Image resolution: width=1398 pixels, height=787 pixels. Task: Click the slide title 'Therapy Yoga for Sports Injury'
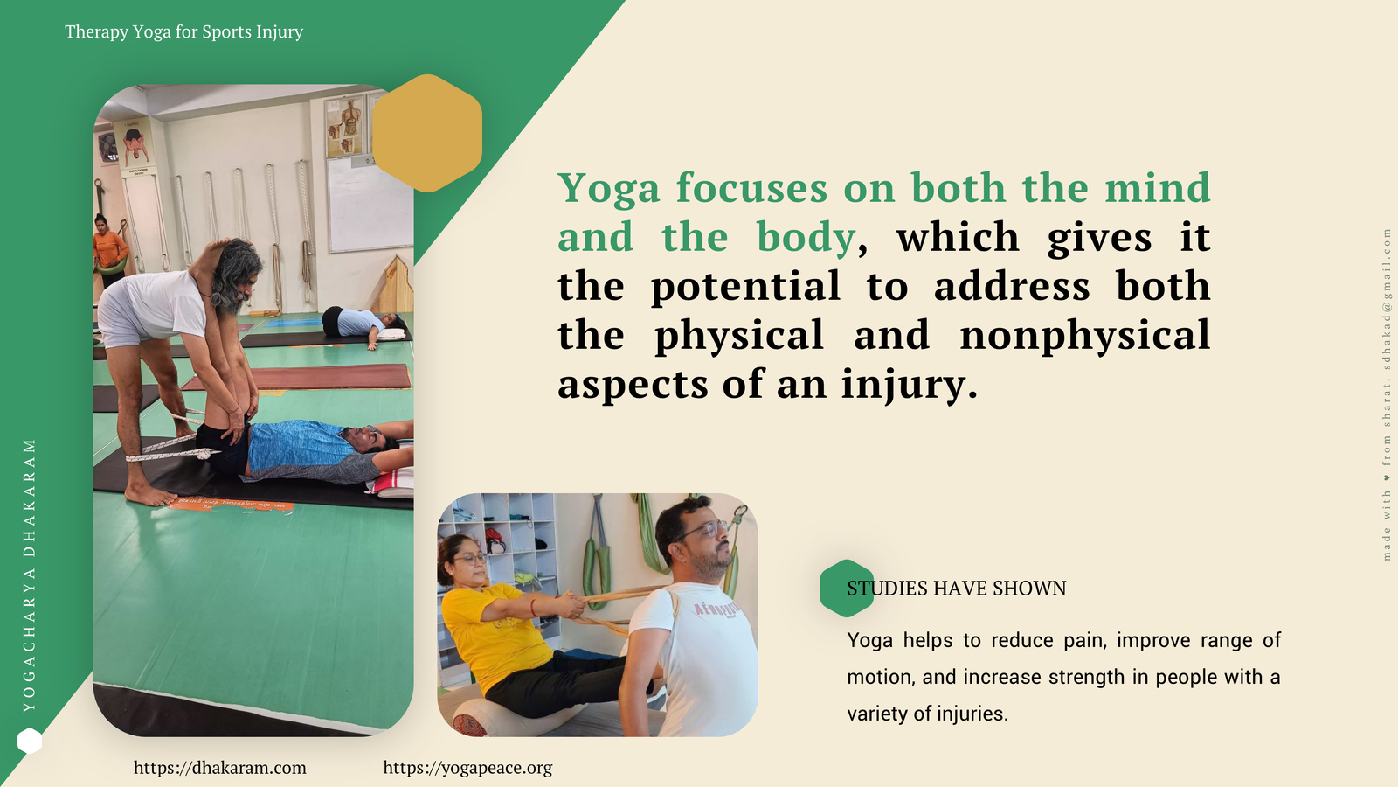(x=184, y=31)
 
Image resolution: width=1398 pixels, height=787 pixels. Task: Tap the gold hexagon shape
(x=427, y=133)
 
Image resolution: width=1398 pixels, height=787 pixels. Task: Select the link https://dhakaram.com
(x=220, y=768)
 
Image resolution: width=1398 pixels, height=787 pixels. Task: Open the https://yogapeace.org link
(x=467, y=768)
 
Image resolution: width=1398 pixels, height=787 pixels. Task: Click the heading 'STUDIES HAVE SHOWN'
(x=957, y=589)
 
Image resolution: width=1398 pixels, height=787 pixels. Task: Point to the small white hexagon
(x=30, y=742)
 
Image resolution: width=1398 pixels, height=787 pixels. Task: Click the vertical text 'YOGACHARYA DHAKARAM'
(x=30, y=575)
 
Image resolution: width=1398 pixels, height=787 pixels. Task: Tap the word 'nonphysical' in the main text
(x=1084, y=336)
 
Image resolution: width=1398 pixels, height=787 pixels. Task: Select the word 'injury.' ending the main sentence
(x=910, y=385)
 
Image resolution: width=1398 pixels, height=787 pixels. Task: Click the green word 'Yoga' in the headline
(x=608, y=188)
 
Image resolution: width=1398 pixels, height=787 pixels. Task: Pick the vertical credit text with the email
(x=1387, y=394)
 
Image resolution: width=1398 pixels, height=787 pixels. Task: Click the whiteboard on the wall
(x=370, y=204)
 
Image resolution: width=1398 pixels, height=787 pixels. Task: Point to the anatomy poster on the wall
(x=344, y=127)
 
